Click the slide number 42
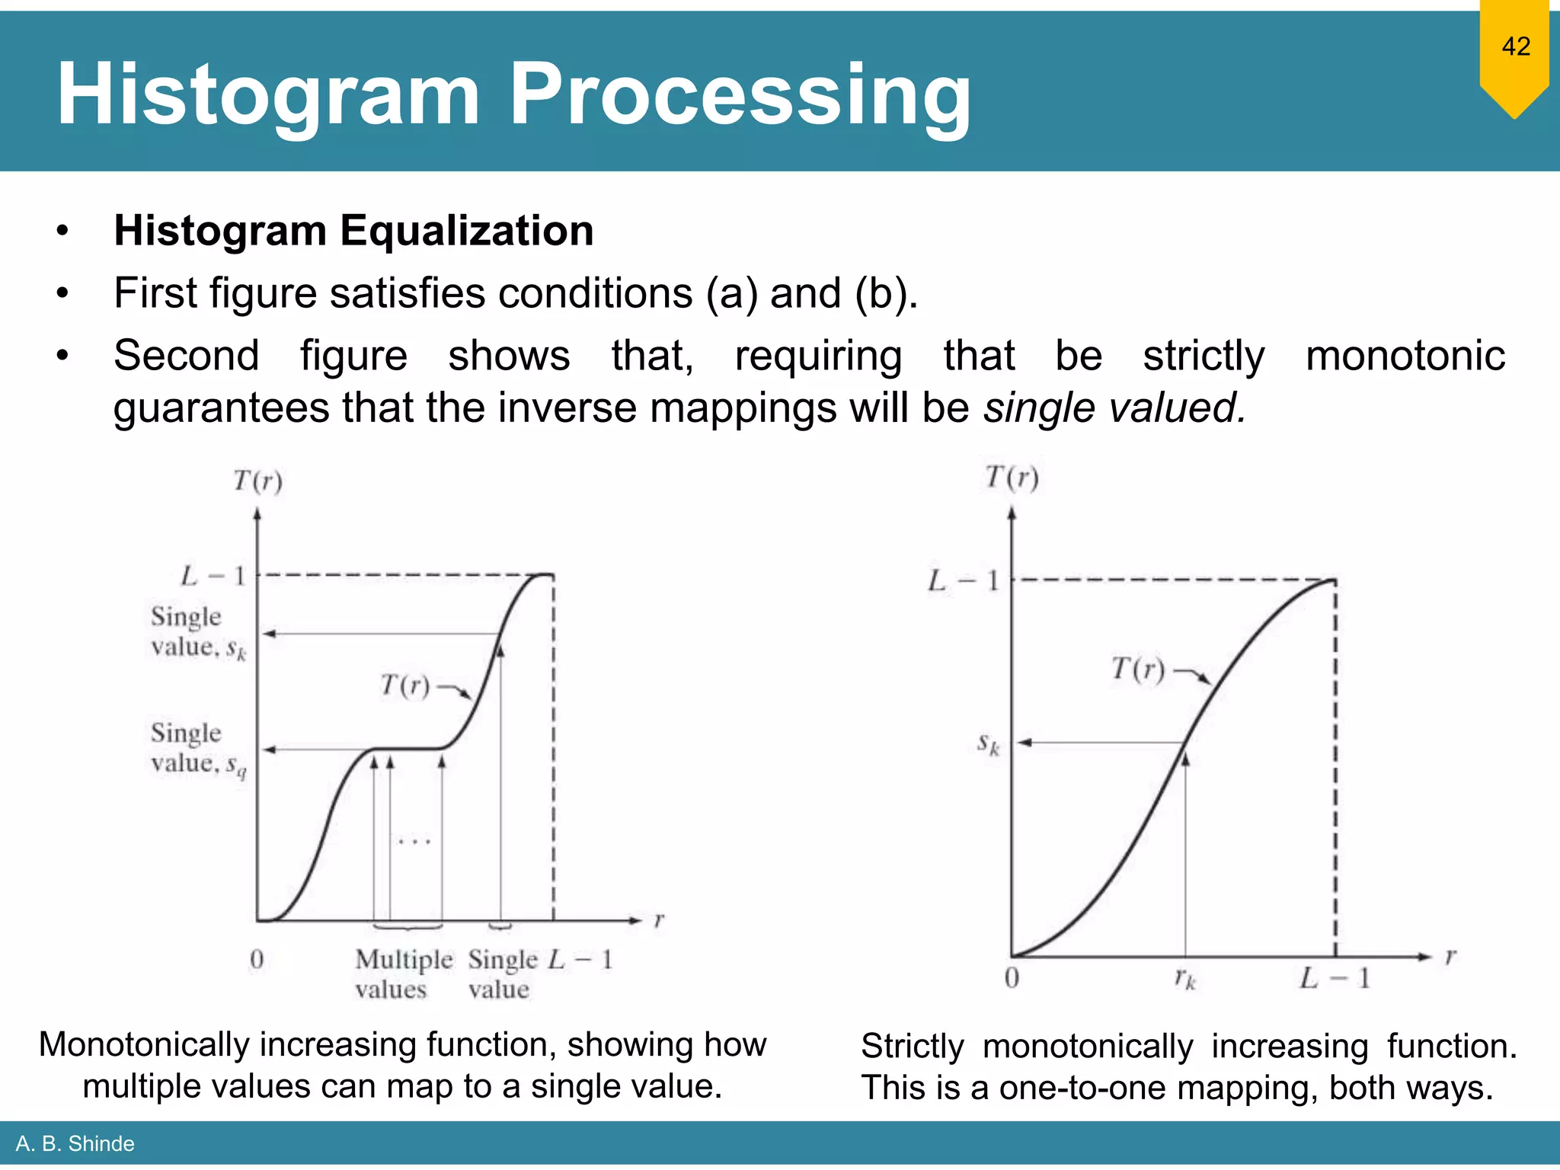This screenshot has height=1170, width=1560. point(1515,47)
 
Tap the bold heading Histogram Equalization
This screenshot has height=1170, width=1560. point(353,231)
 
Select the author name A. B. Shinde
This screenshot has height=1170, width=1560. point(75,1143)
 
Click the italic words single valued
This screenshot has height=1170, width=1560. point(1114,408)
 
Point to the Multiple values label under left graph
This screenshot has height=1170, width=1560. point(403,974)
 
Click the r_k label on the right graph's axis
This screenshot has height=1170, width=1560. point(1185,978)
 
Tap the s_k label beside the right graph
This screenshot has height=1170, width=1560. point(988,743)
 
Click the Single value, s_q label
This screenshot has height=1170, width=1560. point(197,749)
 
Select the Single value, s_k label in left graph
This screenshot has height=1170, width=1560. point(197,632)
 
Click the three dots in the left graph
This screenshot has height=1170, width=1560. point(415,842)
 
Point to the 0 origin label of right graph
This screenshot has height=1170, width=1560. point(1012,978)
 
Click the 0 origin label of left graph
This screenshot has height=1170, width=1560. point(257,959)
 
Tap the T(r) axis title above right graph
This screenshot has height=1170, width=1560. point(1012,478)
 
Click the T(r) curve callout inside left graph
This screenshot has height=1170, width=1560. point(405,686)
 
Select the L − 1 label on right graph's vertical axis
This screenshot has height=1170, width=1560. point(963,581)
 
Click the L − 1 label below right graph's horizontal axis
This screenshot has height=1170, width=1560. point(1335,978)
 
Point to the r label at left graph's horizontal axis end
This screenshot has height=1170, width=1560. point(659,920)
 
